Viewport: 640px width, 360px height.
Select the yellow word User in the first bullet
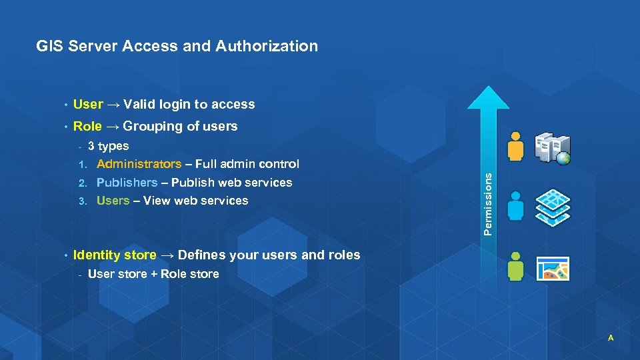(88, 104)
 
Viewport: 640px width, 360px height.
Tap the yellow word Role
(87, 126)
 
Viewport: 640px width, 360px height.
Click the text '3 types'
(108, 146)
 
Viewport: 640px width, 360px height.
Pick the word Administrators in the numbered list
(139, 164)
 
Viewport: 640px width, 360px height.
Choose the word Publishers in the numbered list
(127, 182)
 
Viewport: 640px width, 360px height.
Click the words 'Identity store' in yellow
(115, 255)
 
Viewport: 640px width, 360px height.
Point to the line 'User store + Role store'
(153, 273)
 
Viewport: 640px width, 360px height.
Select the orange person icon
(516, 146)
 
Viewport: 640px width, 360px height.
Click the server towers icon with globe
(553, 148)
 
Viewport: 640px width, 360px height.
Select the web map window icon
(552, 268)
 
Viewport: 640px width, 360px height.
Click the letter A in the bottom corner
(610, 338)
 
